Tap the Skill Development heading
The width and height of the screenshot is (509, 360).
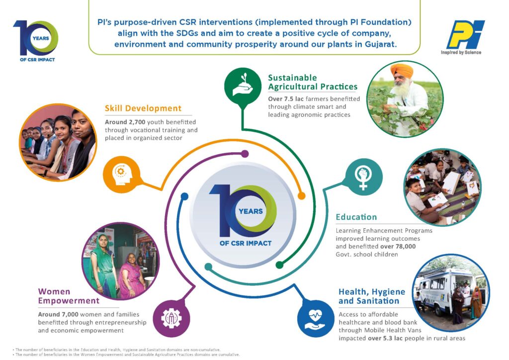(x=143, y=108)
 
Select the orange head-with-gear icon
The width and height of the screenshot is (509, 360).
(x=121, y=175)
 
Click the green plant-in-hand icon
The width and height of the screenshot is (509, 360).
(x=243, y=86)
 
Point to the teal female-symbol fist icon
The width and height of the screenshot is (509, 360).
(x=364, y=177)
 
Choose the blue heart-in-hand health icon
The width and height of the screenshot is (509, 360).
(x=316, y=318)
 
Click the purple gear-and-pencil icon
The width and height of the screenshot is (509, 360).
(x=171, y=318)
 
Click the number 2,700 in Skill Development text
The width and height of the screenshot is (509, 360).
(x=137, y=122)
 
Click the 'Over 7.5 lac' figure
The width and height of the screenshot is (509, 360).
(x=286, y=98)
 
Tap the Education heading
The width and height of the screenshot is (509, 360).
(x=356, y=217)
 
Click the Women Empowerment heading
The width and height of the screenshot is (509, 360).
(x=69, y=296)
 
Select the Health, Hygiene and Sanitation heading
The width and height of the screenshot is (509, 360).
(x=372, y=296)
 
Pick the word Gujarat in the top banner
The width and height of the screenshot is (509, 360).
(x=380, y=44)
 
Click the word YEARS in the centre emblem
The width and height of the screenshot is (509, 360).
(x=251, y=211)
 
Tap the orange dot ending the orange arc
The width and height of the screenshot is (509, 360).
(x=302, y=196)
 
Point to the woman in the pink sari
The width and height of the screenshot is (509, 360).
(x=131, y=276)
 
